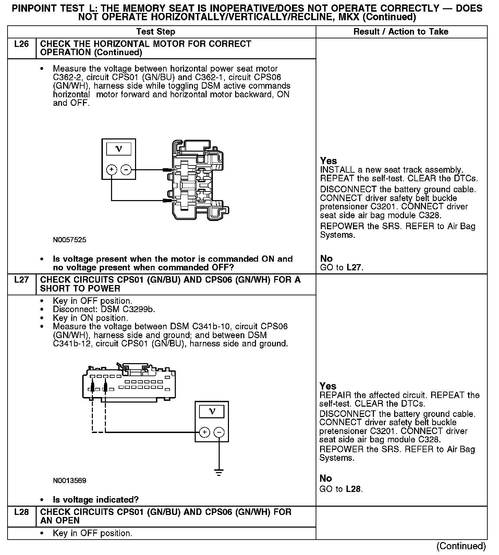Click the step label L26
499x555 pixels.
(21, 44)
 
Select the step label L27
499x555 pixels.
(21, 280)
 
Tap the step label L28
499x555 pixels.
(21, 512)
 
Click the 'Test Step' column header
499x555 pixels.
(156, 32)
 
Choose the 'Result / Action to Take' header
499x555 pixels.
(401, 32)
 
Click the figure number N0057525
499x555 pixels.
(70, 240)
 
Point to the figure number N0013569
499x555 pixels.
(70, 481)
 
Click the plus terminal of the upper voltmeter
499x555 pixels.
(112, 170)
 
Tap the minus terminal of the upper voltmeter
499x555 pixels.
(126, 170)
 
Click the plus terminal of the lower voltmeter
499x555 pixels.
(205, 432)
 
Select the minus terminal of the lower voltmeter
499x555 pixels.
(219, 432)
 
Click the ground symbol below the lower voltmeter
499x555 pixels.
(219, 472)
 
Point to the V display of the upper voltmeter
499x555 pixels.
(119, 149)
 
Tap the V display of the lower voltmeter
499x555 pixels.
(212, 411)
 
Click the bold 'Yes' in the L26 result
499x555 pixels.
(328, 161)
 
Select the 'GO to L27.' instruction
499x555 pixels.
(341, 268)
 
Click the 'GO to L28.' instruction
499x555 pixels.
(341, 489)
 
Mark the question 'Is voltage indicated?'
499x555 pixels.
(96, 500)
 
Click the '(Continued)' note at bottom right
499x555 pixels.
(461, 546)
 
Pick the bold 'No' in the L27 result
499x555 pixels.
(326, 478)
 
